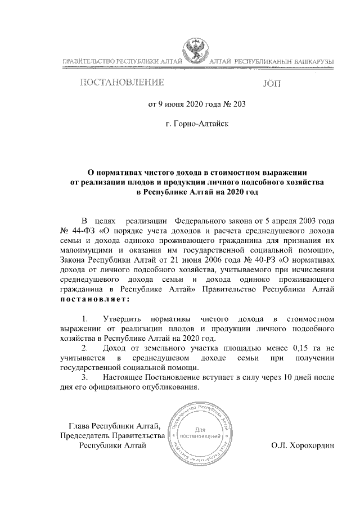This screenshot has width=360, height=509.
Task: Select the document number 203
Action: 239,104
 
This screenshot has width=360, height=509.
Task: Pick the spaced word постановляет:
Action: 89,299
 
